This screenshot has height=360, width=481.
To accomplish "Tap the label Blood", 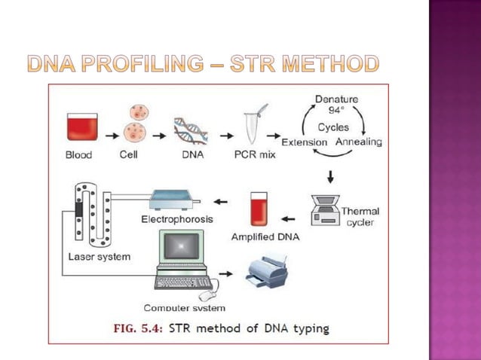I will pos(78,155).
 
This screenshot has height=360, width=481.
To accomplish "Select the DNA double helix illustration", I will pos(191,129).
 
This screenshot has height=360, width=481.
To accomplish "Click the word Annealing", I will pos(359,142).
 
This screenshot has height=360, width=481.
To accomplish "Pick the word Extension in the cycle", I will pos(304,142).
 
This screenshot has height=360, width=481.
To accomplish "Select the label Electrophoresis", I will pos(177,219).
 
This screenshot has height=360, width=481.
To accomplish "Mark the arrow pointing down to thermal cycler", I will pos(330,178).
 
